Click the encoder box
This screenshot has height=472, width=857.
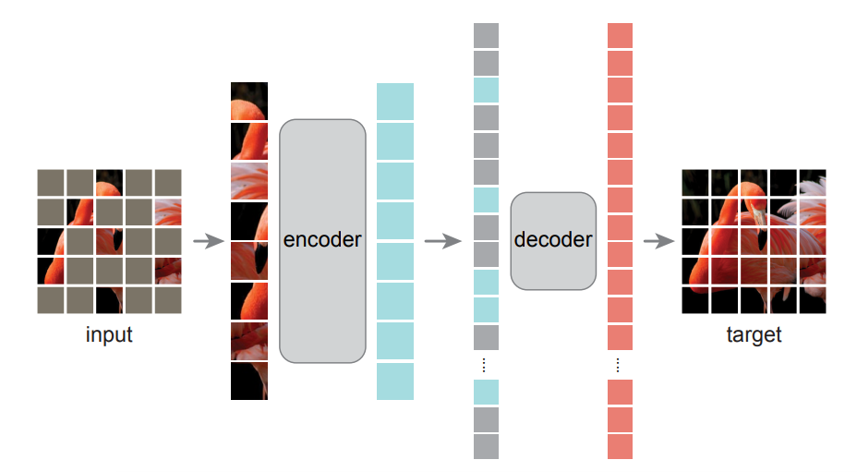click(x=322, y=240)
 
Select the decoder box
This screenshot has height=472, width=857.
click(x=553, y=240)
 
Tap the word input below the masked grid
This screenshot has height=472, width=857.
click(x=109, y=334)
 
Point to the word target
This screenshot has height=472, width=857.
click(x=754, y=334)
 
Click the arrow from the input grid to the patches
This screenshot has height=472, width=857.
click(x=208, y=242)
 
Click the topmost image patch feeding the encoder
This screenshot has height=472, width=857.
click(x=248, y=101)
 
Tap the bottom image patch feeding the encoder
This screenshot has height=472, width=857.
click(x=248, y=381)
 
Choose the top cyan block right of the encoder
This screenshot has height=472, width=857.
click(x=395, y=102)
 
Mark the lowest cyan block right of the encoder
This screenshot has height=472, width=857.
click(x=395, y=381)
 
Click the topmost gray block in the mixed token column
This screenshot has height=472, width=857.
click(x=486, y=35)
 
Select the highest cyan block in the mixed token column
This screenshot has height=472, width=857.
click(x=486, y=90)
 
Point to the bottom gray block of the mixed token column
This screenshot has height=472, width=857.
click(x=486, y=447)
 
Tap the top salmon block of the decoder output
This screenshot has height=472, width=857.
click(x=620, y=35)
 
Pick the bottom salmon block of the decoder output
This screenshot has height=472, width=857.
click(x=620, y=447)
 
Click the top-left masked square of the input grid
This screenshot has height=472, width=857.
click(x=51, y=182)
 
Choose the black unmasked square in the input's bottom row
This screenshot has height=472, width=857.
click(x=109, y=299)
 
